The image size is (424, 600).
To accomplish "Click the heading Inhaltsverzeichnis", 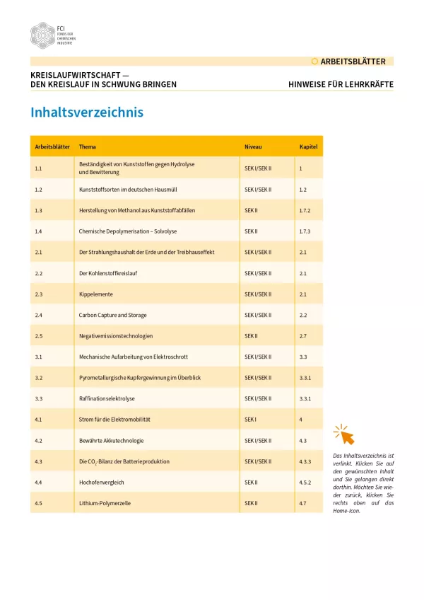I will tap(87, 112).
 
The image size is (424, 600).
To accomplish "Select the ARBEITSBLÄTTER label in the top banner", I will tap(353, 62).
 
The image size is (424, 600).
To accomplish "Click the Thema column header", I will tap(88, 147).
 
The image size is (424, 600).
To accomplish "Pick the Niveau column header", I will tap(253, 147).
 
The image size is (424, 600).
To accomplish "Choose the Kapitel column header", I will tap(308, 147).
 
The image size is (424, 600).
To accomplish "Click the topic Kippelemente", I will tap(96, 294).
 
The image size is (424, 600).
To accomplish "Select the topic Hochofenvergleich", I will tap(100, 482).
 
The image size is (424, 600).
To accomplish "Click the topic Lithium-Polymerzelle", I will tap(105, 503).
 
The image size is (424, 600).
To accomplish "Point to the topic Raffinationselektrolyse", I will tap(107, 398).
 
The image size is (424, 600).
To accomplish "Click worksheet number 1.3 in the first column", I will tap(39, 210).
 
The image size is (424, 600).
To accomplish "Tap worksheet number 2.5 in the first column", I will tap(39, 335).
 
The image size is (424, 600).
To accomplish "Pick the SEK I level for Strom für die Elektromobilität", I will tap(250, 420).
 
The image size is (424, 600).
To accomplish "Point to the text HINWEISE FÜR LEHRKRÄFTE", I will tap(341, 84).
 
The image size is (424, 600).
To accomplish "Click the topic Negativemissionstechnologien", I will tap(115, 335).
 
